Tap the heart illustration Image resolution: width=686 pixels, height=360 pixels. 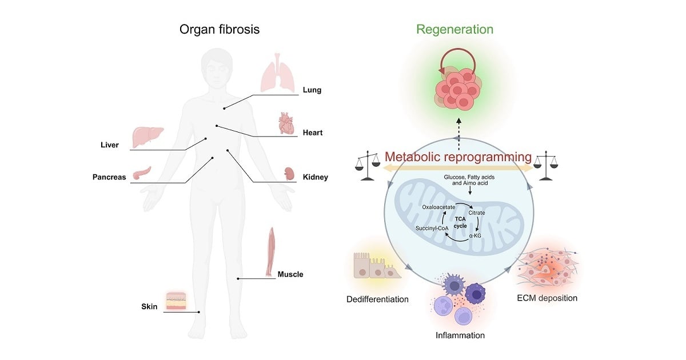[x=286, y=123]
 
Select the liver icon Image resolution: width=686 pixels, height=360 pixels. [x=147, y=137]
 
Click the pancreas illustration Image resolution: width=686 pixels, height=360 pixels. [x=142, y=173]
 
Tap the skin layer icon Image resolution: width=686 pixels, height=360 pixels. [x=176, y=301]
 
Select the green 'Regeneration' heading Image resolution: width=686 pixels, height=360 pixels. [x=454, y=29]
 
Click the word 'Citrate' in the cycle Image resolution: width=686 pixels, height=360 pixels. [x=477, y=213]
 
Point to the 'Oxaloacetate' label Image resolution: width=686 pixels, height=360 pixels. [x=439, y=207]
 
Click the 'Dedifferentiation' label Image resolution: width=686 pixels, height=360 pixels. [x=377, y=299]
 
